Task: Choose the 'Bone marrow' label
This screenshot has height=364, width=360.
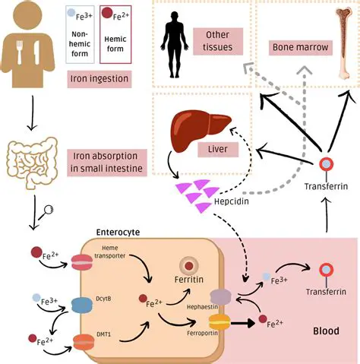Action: [299, 47]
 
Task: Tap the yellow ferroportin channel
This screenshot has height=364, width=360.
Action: [220, 321]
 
